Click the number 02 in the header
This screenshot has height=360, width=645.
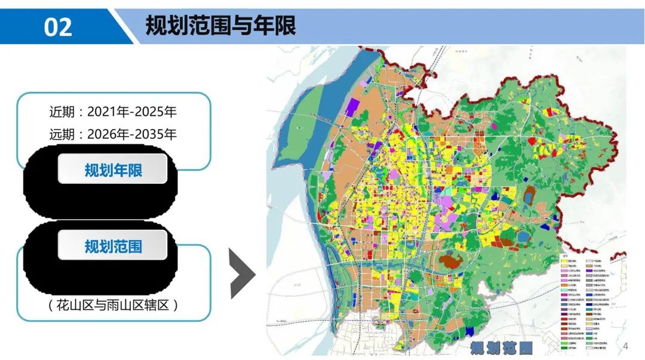[58, 27]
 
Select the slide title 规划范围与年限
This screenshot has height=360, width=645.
[220, 26]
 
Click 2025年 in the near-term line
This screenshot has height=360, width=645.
[154, 112]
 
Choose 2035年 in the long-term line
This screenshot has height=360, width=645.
[154, 134]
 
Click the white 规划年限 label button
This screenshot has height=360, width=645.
[113, 171]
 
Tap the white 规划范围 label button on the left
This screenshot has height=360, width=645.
[113, 245]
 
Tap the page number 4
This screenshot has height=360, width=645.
[626, 347]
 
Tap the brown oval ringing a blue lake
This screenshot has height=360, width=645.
[529, 194]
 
